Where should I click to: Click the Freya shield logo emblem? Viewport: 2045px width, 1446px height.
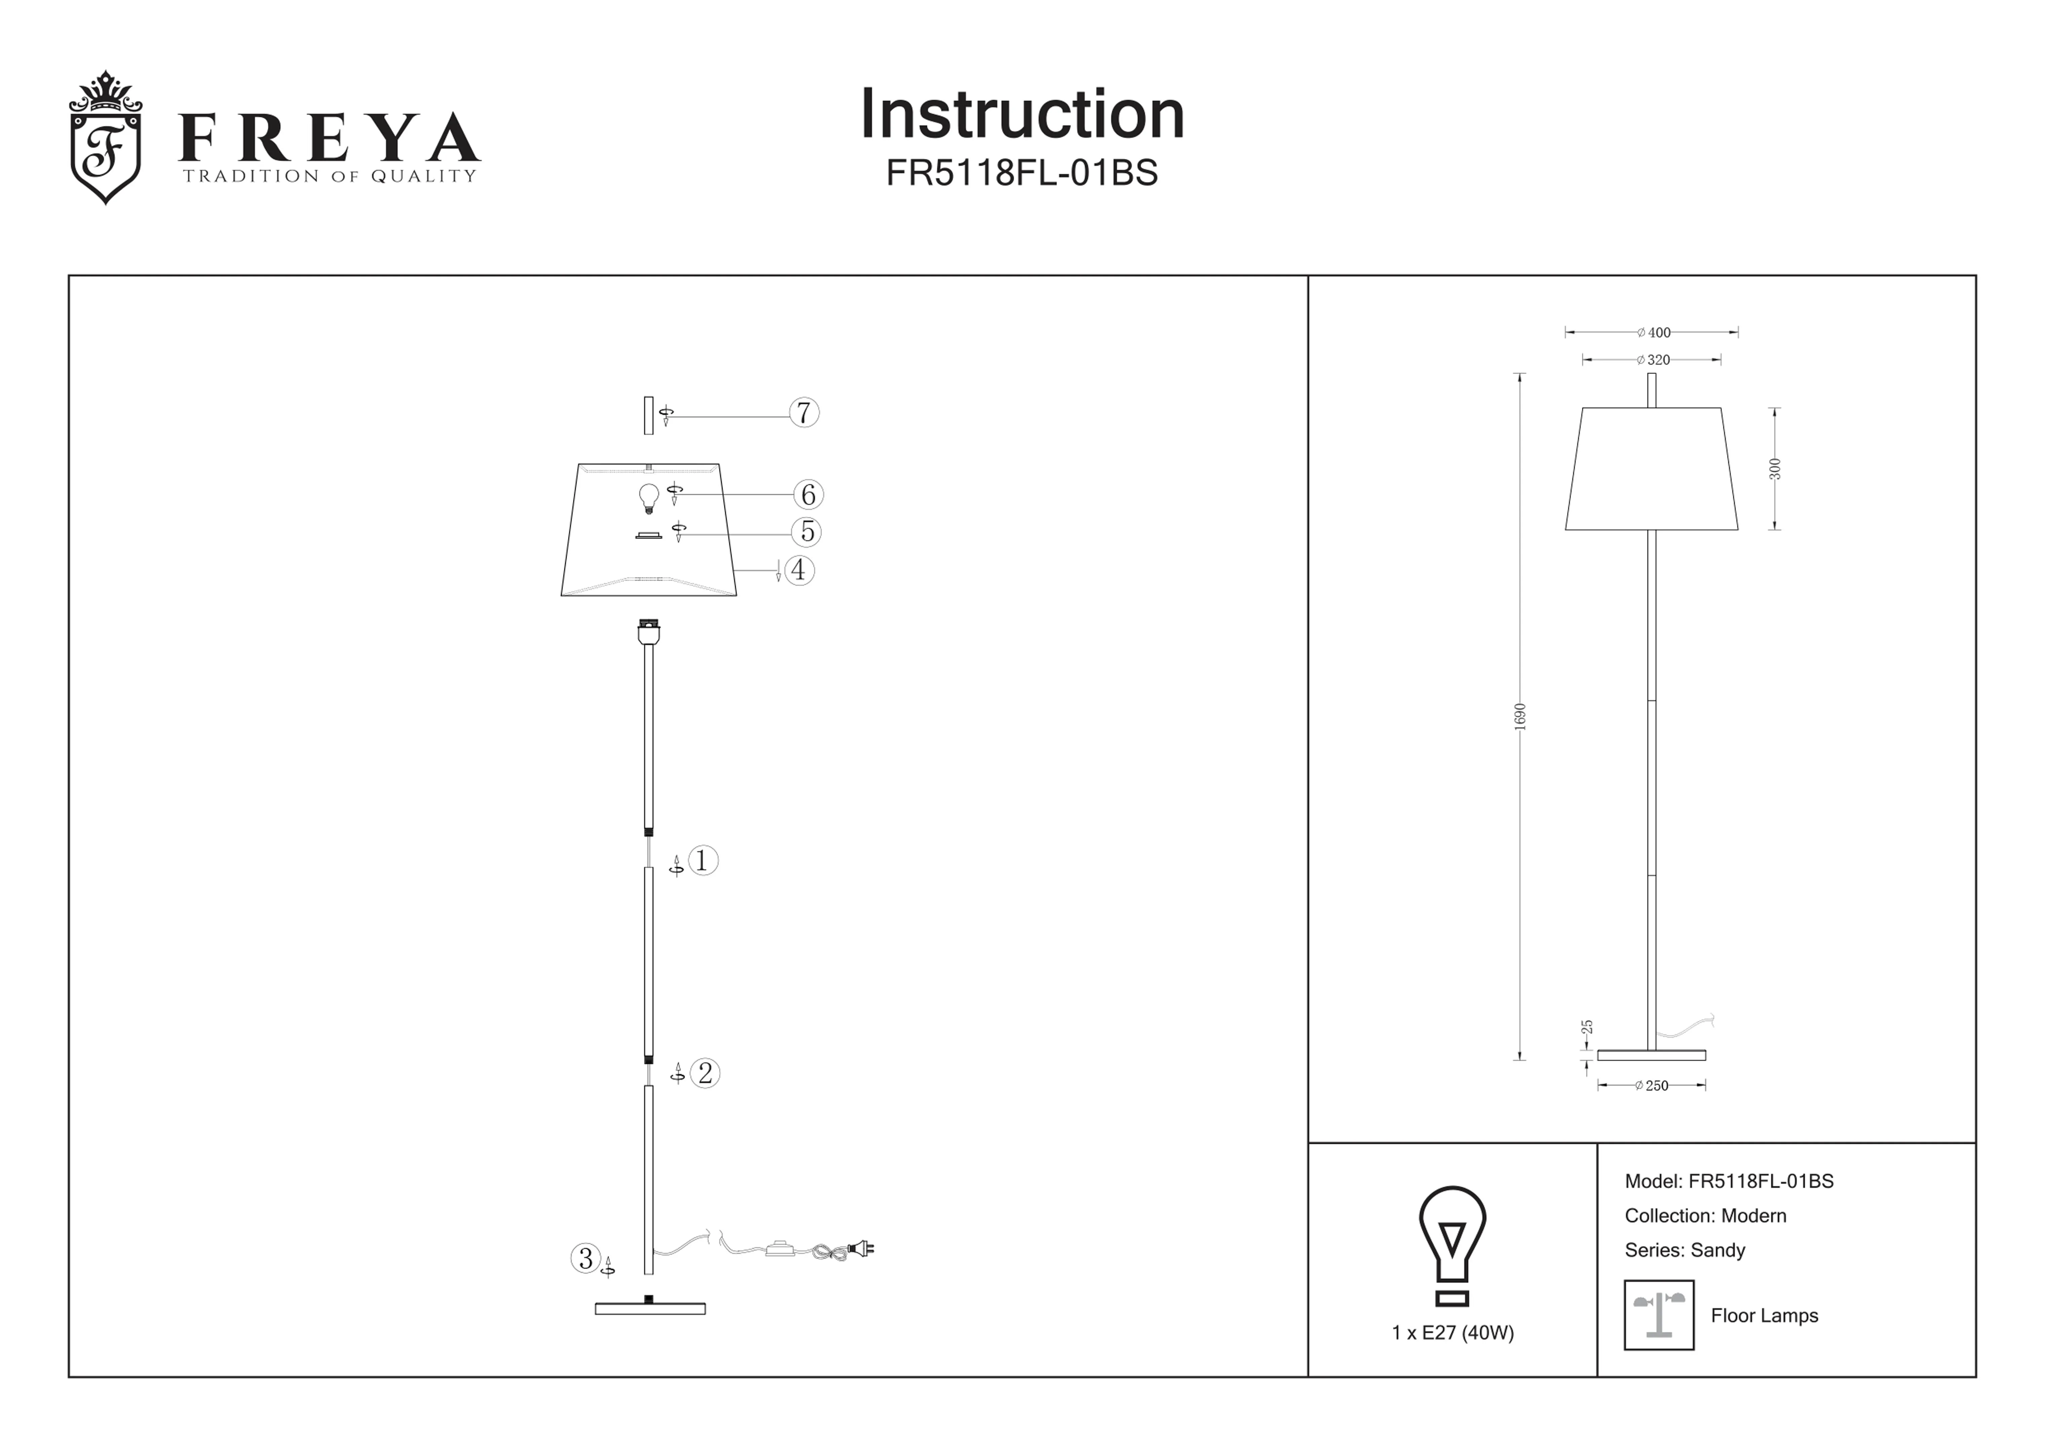click(x=105, y=138)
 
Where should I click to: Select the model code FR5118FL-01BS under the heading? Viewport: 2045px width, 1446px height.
click(x=1022, y=173)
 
